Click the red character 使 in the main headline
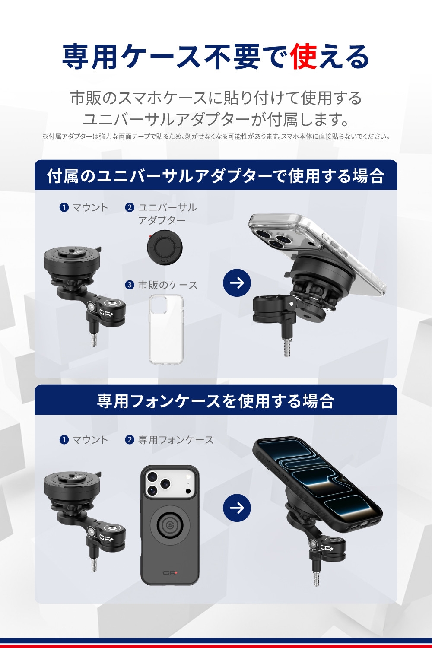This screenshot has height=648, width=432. [x=304, y=57]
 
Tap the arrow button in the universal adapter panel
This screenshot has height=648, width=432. [x=237, y=283]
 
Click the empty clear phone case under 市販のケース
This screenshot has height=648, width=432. [x=166, y=329]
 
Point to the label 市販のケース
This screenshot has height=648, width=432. [x=168, y=285]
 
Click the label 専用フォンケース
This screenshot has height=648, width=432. [x=176, y=440]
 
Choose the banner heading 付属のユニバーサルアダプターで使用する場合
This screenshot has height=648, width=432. [x=216, y=176]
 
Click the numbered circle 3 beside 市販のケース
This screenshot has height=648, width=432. [x=130, y=285]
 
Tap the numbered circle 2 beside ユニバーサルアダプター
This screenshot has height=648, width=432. [x=130, y=207]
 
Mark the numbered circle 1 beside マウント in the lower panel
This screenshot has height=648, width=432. [x=64, y=440]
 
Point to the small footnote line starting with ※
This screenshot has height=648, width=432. [x=216, y=136]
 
